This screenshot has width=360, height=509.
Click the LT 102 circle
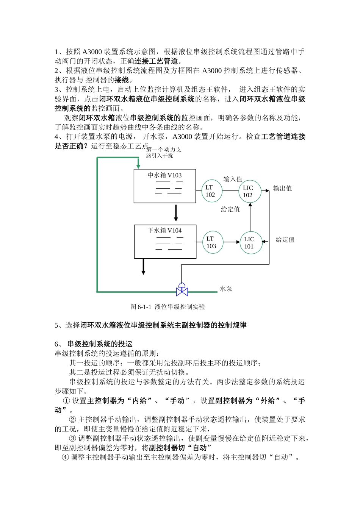point(211,191)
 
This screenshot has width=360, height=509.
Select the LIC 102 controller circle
point(250,191)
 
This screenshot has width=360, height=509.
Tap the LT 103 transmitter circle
point(212,242)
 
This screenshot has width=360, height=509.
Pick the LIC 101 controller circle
point(251,243)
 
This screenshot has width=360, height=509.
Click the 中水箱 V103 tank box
point(165,186)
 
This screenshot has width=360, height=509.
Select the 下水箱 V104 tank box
point(165,242)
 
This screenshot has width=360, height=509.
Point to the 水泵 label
point(226,289)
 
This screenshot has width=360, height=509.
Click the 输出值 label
point(282,188)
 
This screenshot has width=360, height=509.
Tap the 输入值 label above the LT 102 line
point(233,179)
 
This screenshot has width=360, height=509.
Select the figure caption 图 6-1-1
point(167,307)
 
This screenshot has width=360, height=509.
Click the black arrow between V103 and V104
point(176,213)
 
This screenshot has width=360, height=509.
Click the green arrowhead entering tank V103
point(138,166)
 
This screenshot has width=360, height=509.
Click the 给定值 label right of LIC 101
point(285,239)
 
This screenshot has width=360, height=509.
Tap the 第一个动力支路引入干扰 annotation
point(164,153)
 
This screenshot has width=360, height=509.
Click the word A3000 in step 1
point(92,52)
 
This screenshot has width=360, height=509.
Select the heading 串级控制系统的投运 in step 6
point(100,344)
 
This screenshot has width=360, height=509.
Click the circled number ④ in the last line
point(65,457)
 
